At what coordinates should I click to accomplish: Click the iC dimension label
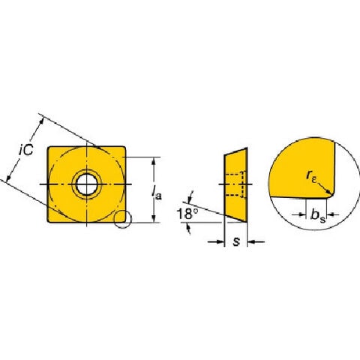click(26, 150)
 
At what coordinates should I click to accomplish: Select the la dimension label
click(157, 193)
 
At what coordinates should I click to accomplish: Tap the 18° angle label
click(187, 214)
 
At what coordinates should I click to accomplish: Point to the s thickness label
click(236, 241)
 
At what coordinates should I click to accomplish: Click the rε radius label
click(311, 176)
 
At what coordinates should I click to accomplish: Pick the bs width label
click(318, 215)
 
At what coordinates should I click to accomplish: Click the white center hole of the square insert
click(86, 184)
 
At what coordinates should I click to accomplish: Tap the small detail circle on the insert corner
click(122, 219)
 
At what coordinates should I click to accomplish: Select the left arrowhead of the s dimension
click(220, 241)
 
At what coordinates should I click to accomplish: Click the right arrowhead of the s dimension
click(251, 241)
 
